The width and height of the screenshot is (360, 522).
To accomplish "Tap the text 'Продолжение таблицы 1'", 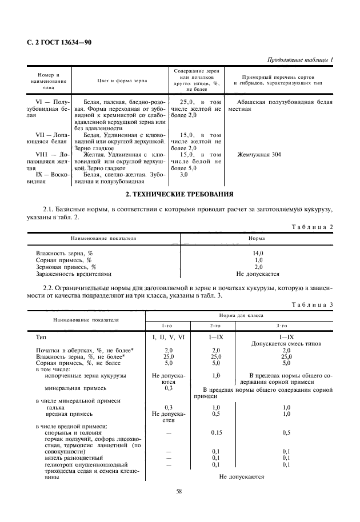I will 300,60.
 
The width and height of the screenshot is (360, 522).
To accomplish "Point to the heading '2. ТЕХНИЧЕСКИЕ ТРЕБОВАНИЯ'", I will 179,194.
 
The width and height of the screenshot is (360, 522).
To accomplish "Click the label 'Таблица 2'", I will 313,227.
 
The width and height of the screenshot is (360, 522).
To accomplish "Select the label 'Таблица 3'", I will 313,304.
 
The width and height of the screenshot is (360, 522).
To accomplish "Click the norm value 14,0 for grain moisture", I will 258,252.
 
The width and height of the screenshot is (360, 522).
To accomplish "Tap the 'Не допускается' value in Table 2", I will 258,274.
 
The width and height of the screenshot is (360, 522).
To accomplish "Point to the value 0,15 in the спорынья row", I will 217,433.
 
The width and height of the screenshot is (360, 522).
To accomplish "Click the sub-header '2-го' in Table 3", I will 217,326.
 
